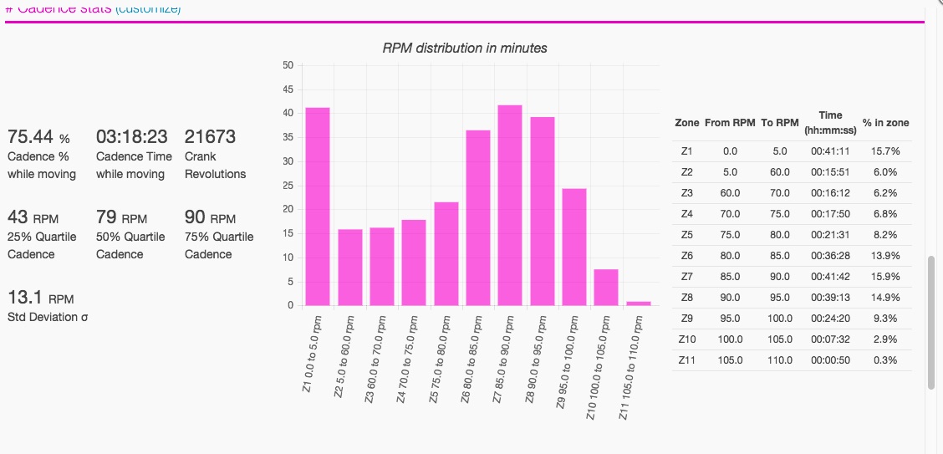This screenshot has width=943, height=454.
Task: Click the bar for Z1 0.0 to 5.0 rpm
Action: (317, 207)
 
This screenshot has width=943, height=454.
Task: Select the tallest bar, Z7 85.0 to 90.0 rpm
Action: (510, 205)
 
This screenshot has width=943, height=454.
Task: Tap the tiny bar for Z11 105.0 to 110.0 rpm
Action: (639, 303)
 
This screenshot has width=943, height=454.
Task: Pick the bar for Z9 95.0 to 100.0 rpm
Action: (574, 247)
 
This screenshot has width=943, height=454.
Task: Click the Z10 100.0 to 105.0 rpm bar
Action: (606, 287)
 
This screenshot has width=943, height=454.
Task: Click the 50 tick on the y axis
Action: (288, 65)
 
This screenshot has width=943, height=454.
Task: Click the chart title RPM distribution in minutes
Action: (465, 48)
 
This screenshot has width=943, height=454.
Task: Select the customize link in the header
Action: (148, 8)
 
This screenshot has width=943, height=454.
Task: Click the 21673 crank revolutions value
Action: (210, 136)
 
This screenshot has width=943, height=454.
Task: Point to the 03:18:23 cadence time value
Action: (131, 136)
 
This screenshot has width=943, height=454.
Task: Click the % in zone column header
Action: (885, 123)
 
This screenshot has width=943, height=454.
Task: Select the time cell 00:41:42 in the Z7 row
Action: (830, 276)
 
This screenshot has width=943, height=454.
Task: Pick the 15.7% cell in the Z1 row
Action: (885, 150)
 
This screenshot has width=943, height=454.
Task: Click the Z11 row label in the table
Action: (687, 360)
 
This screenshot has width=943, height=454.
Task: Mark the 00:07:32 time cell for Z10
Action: (830, 339)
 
